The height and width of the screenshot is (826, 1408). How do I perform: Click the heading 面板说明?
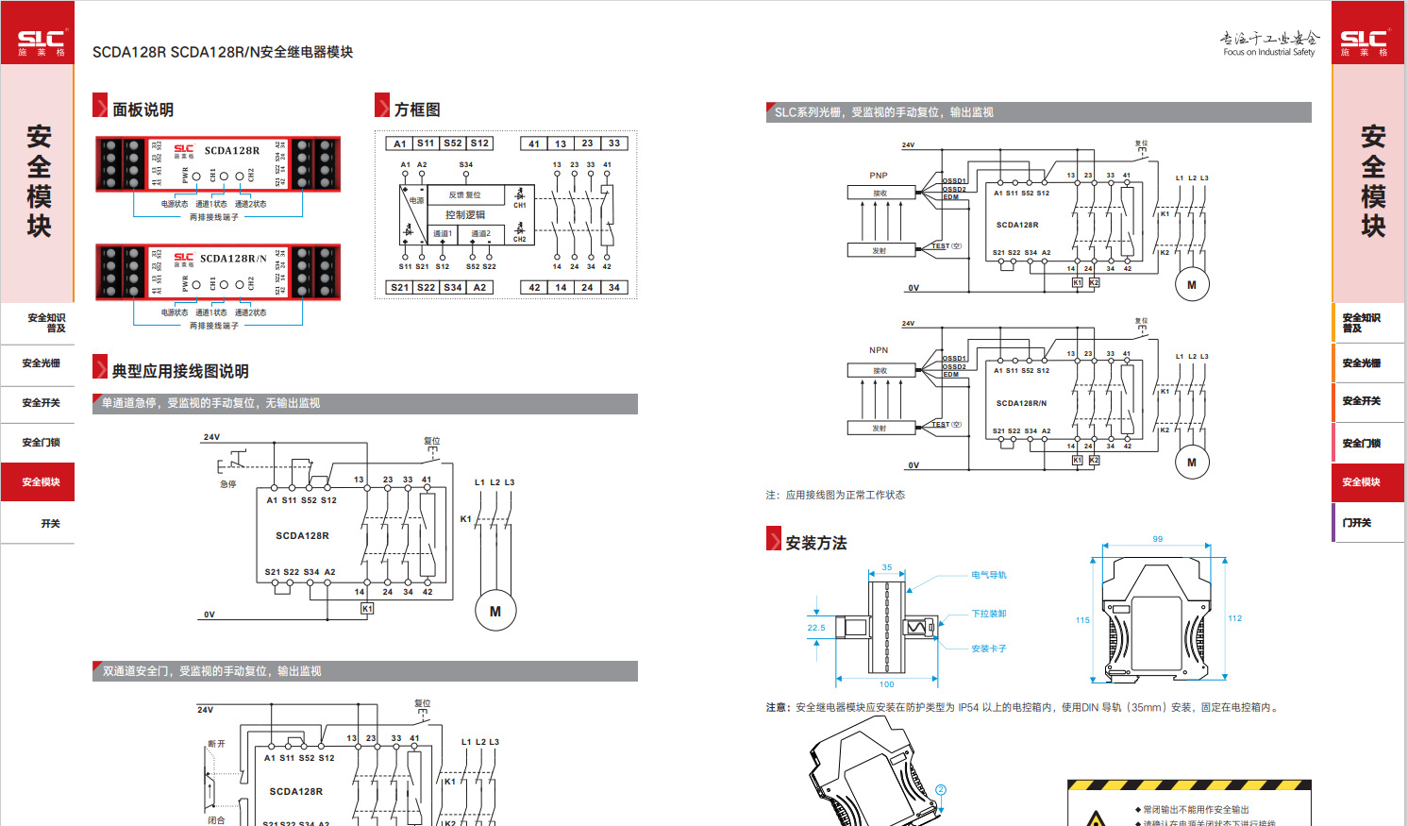tap(142, 110)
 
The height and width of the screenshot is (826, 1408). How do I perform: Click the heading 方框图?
tap(417, 110)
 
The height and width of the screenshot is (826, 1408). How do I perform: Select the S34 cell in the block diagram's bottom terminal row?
tap(453, 287)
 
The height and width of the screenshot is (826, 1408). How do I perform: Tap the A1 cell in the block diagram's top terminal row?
tap(399, 143)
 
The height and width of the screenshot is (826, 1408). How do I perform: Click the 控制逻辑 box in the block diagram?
tap(465, 214)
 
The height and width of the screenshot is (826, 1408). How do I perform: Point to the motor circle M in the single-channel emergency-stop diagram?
tap(494, 612)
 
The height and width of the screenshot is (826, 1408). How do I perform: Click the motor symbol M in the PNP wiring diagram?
tap(1191, 285)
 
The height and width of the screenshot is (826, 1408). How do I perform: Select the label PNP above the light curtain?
tap(879, 176)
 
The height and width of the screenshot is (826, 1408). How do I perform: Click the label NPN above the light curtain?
tap(879, 350)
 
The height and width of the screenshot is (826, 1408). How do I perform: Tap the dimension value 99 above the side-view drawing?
tap(1157, 539)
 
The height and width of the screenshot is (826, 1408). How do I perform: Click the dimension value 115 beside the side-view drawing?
tap(1082, 620)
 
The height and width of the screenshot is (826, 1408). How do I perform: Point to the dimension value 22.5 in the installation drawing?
tap(816, 627)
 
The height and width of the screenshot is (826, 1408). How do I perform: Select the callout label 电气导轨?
tap(989, 575)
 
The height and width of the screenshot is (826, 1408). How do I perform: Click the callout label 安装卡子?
tap(989, 649)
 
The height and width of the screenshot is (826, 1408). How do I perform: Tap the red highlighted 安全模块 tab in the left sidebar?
tap(41, 482)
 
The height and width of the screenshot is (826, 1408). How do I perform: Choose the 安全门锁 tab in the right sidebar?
tap(1361, 443)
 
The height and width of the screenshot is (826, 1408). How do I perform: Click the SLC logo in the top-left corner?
tap(41, 42)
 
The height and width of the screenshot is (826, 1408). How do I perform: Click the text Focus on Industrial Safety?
tap(1268, 53)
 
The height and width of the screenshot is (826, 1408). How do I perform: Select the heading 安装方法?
tap(816, 543)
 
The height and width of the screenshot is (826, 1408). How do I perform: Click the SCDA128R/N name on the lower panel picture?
tap(232, 258)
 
